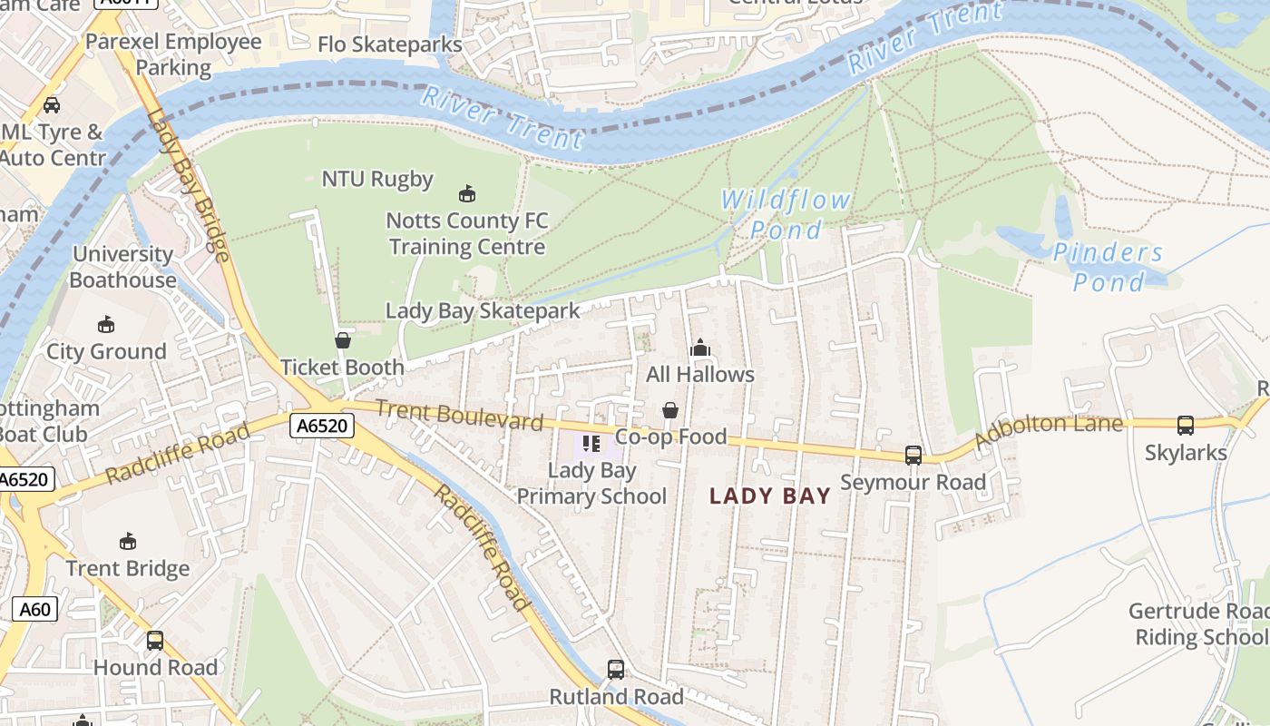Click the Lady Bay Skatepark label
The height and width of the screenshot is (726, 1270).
click(483, 310)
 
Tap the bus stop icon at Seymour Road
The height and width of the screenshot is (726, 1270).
click(913, 456)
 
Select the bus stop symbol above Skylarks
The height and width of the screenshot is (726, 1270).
click(1185, 425)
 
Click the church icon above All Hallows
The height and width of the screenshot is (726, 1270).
click(699, 348)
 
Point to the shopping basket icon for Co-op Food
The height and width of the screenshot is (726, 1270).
click(670, 410)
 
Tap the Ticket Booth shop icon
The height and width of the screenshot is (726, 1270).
click(343, 340)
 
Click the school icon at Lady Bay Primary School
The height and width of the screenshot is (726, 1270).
click(592, 444)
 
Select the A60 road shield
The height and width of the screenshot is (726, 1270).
click(35, 609)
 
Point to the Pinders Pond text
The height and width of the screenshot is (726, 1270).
click(1108, 267)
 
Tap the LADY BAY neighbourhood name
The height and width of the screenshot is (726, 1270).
click(770, 495)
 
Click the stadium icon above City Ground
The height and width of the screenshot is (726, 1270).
click(106, 325)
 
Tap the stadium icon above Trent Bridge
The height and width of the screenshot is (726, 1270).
click(128, 542)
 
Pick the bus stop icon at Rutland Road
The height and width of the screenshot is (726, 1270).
click(616, 670)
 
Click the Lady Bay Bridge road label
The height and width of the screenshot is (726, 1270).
click(188, 186)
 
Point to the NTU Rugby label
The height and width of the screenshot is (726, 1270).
click(377, 179)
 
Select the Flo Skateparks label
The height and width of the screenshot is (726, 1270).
click(389, 44)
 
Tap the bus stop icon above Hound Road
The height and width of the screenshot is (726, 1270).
click(155, 641)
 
